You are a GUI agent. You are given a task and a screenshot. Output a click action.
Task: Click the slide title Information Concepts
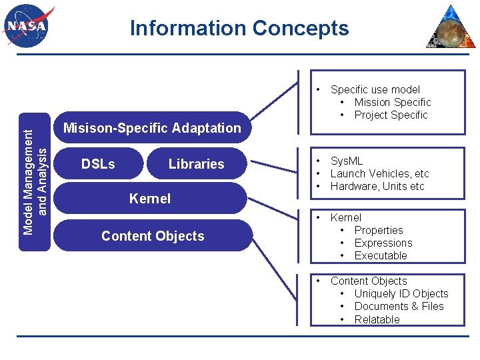239,29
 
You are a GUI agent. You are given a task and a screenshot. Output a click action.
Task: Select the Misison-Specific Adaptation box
152,128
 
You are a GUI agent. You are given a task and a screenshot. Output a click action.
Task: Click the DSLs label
98,164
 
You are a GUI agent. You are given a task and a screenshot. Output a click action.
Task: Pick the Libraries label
196,164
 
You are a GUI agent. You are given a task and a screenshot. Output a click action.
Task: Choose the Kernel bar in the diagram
150,199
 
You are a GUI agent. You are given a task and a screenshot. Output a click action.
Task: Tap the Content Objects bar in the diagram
153,236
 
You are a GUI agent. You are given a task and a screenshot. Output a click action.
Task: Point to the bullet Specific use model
375,89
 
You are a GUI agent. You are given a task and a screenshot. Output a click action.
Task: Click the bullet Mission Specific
392,102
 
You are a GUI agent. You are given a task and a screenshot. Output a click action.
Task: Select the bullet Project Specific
391,115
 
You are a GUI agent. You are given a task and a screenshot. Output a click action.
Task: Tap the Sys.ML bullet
347,161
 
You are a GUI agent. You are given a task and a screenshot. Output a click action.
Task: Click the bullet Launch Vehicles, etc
379,173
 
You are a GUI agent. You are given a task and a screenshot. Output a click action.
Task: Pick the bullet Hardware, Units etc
377,186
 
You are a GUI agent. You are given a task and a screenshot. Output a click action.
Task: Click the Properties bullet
378,230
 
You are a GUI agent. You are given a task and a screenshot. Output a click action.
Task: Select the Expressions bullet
383,243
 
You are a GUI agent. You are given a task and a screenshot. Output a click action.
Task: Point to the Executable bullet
380,255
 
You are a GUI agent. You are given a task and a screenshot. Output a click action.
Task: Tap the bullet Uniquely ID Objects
401,293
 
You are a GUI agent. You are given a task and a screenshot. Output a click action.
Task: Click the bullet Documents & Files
399,306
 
